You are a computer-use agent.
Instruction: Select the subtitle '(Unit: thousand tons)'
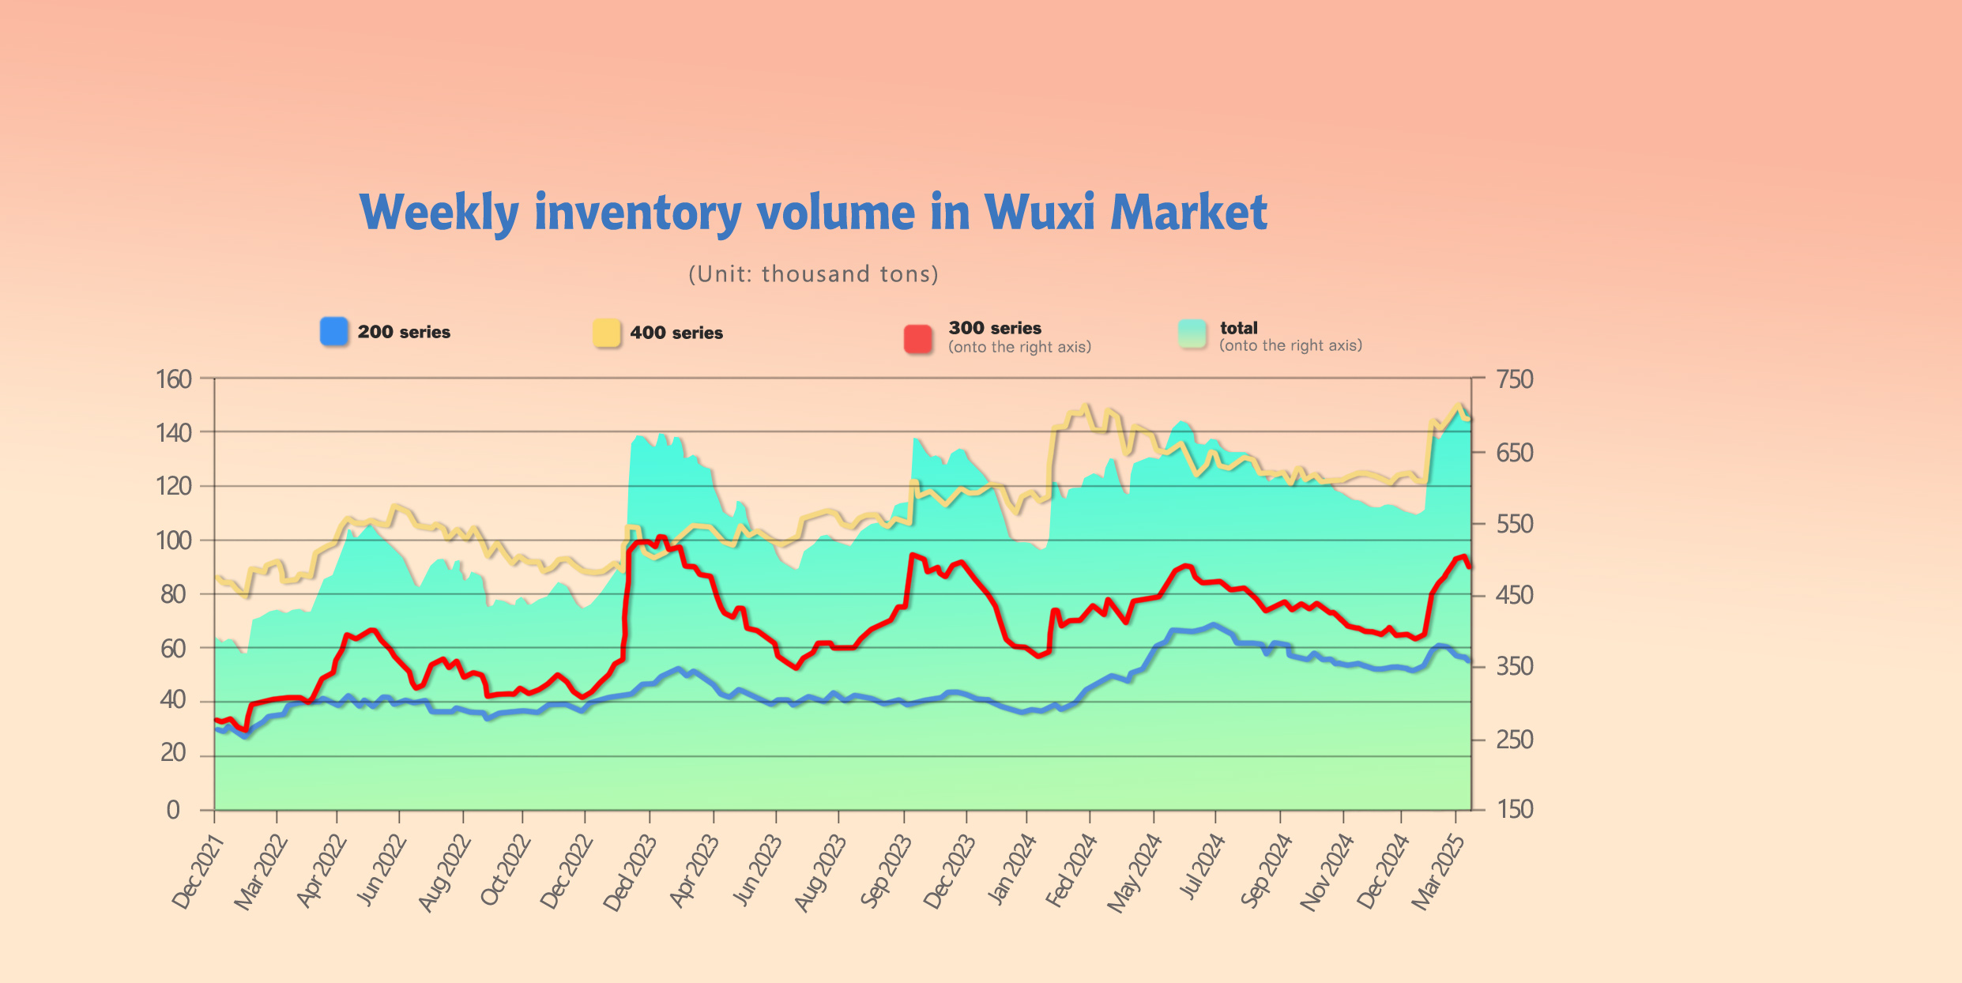(x=813, y=274)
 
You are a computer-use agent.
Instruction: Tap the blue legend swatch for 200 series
(x=334, y=331)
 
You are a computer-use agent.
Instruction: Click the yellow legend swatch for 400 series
(x=607, y=333)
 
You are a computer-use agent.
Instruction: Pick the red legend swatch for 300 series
(x=918, y=338)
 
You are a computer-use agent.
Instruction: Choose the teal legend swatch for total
(x=1192, y=333)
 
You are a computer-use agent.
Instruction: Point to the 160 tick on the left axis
(x=174, y=379)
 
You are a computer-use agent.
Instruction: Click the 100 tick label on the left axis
(x=174, y=541)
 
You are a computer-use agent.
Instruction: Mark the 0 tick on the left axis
(x=173, y=810)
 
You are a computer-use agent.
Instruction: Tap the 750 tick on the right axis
(x=1515, y=379)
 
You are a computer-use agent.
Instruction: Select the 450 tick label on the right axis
(x=1515, y=595)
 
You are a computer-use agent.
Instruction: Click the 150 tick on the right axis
(x=1515, y=809)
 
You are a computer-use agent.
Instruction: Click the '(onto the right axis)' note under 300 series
(x=1019, y=347)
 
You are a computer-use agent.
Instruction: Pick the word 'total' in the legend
(x=1238, y=328)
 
